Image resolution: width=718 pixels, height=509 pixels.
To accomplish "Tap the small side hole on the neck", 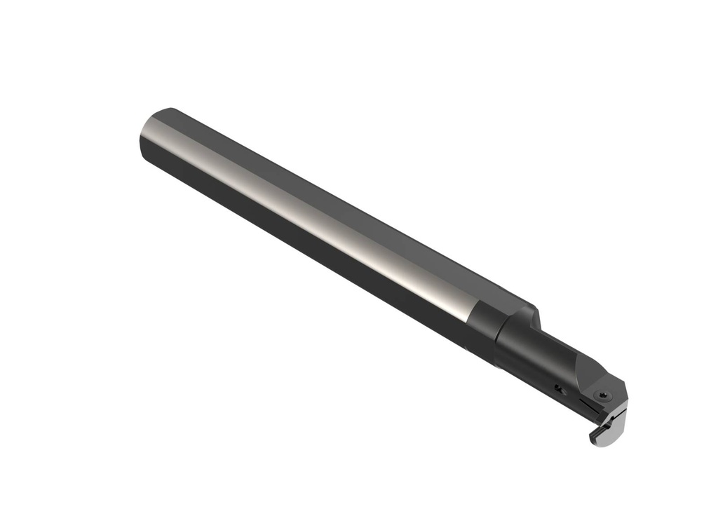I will click(x=557, y=387).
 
